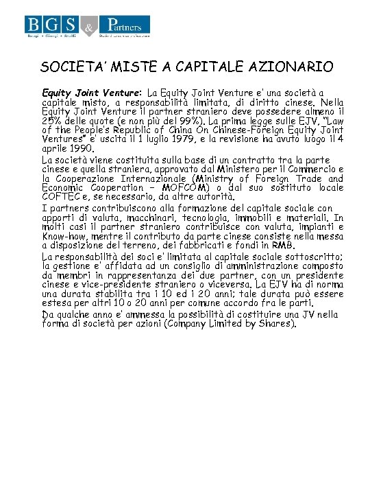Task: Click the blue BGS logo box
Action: (52, 27)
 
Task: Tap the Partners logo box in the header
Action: (126, 27)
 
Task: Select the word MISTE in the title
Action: (132, 67)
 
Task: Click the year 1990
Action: (81, 148)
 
